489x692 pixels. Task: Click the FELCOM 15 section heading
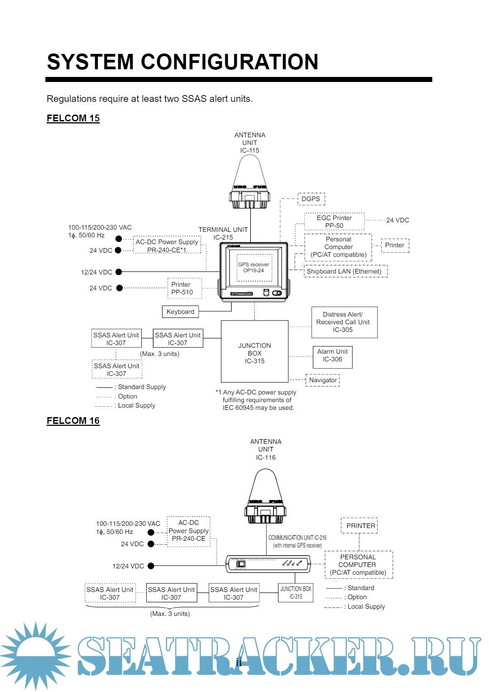click(73, 118)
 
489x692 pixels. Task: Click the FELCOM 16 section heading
click(73, 421)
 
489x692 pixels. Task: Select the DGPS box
click(311, 199)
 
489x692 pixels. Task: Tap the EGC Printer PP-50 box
click(334, 221)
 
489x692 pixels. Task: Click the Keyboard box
click(180, 312)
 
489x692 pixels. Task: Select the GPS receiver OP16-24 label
click(254, 267)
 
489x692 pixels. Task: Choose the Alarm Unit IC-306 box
click(332, 356)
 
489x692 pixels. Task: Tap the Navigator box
click(323, 380)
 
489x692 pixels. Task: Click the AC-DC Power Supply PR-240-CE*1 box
click(167, 245)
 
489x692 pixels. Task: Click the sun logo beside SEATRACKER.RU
click(35, 655)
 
